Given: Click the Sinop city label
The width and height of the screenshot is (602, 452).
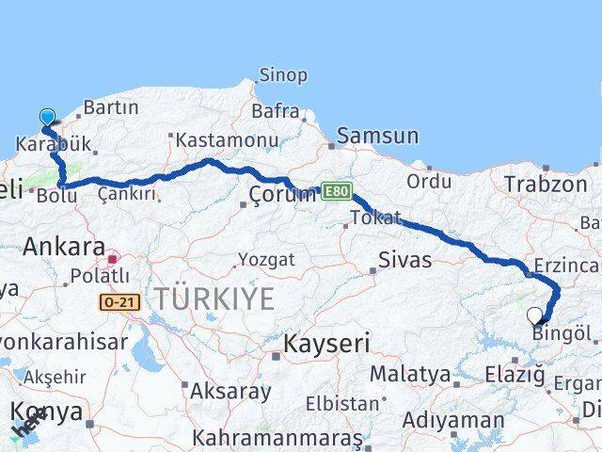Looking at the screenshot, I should [x=282, y=75].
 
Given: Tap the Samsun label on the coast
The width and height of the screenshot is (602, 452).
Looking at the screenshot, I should [x=377, y=136].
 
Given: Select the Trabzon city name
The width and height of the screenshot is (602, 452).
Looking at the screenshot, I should [x=545, y=184].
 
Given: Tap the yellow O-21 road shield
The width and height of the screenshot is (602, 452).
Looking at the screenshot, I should [x=119, y=301].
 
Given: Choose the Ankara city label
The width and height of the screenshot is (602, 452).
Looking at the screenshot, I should [x=64, y=247].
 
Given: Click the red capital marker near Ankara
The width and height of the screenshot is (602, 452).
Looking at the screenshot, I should [x=113, y=258].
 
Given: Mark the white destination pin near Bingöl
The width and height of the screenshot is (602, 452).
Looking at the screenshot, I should [x=535, y=316].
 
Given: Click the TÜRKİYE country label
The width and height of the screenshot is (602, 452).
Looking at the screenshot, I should [x=215, y=299].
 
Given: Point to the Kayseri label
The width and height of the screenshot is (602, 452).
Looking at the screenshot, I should [x=327, y=343].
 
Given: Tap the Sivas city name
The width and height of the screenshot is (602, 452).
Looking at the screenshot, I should [x=405, y=259].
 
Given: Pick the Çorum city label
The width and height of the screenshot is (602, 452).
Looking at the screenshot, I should [x=282, y=194].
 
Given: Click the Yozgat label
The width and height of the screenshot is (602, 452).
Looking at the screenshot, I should [x=266, y=259].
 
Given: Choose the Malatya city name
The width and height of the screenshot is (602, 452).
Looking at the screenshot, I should [x=409, y=374].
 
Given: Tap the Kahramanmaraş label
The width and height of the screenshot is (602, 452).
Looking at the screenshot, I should [x=277, y=438].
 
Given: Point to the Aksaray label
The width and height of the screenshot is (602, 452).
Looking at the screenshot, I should [x=230, y=390].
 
